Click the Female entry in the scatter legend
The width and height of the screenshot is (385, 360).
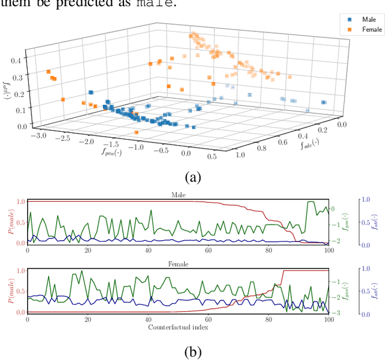point(366,29)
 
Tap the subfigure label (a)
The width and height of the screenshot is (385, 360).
point(192,177)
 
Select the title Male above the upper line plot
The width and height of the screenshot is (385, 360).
point(179,194)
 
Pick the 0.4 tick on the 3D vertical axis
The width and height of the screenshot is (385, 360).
point(22,61)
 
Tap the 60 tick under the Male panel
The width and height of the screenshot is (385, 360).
point(208,250)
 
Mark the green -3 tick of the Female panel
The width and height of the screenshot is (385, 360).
point(338,312)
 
